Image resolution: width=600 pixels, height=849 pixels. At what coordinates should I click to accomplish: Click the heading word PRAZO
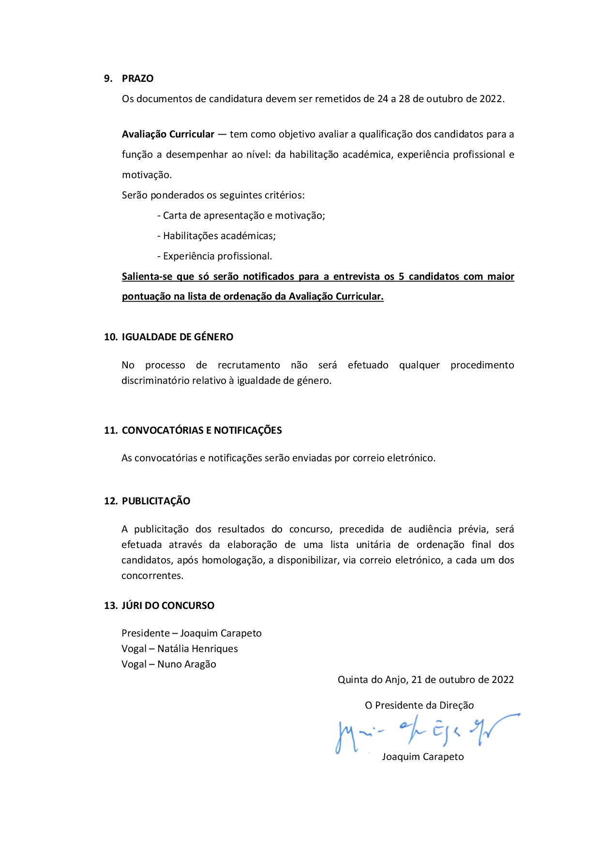[x=137, y=78]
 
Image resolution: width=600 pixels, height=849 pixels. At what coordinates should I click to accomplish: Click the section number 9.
[x=108, y=78]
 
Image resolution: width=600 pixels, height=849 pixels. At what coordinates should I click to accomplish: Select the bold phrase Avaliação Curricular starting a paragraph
[x=168, y=134]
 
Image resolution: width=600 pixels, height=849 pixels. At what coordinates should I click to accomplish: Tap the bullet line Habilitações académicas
[x=217, y=236]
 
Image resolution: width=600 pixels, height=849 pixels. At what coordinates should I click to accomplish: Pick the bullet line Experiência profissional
[x=215, y=256]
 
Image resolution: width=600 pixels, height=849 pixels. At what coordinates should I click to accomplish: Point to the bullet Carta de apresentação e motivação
[x=241, y=215]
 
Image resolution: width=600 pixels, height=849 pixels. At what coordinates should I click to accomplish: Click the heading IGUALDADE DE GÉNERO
[x=177, y=337]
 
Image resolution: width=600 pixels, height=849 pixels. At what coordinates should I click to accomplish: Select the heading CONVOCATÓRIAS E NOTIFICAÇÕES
[x=201, y=430]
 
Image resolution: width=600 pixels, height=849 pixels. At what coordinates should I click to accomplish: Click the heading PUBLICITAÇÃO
[x=156, y=501]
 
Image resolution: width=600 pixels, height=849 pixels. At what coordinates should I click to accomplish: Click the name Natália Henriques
[x=197, y=649]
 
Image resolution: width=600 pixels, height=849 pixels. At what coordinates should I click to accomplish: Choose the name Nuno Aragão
[x=187, y=664]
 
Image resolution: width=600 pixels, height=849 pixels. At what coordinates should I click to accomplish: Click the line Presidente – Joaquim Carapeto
[x=192, y=633]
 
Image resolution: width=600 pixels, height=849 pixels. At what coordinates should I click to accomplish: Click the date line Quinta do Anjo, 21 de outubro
[x=425, y=680]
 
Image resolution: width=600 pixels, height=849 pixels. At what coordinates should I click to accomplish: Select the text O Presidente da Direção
[x=419, y=705]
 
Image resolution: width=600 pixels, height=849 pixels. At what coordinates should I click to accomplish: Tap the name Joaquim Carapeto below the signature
[x=422, y=757]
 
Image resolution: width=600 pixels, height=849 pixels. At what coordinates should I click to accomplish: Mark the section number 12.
[x=111, y=501]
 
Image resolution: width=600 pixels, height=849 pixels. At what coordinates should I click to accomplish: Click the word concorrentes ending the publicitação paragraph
[x=152, y=576]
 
